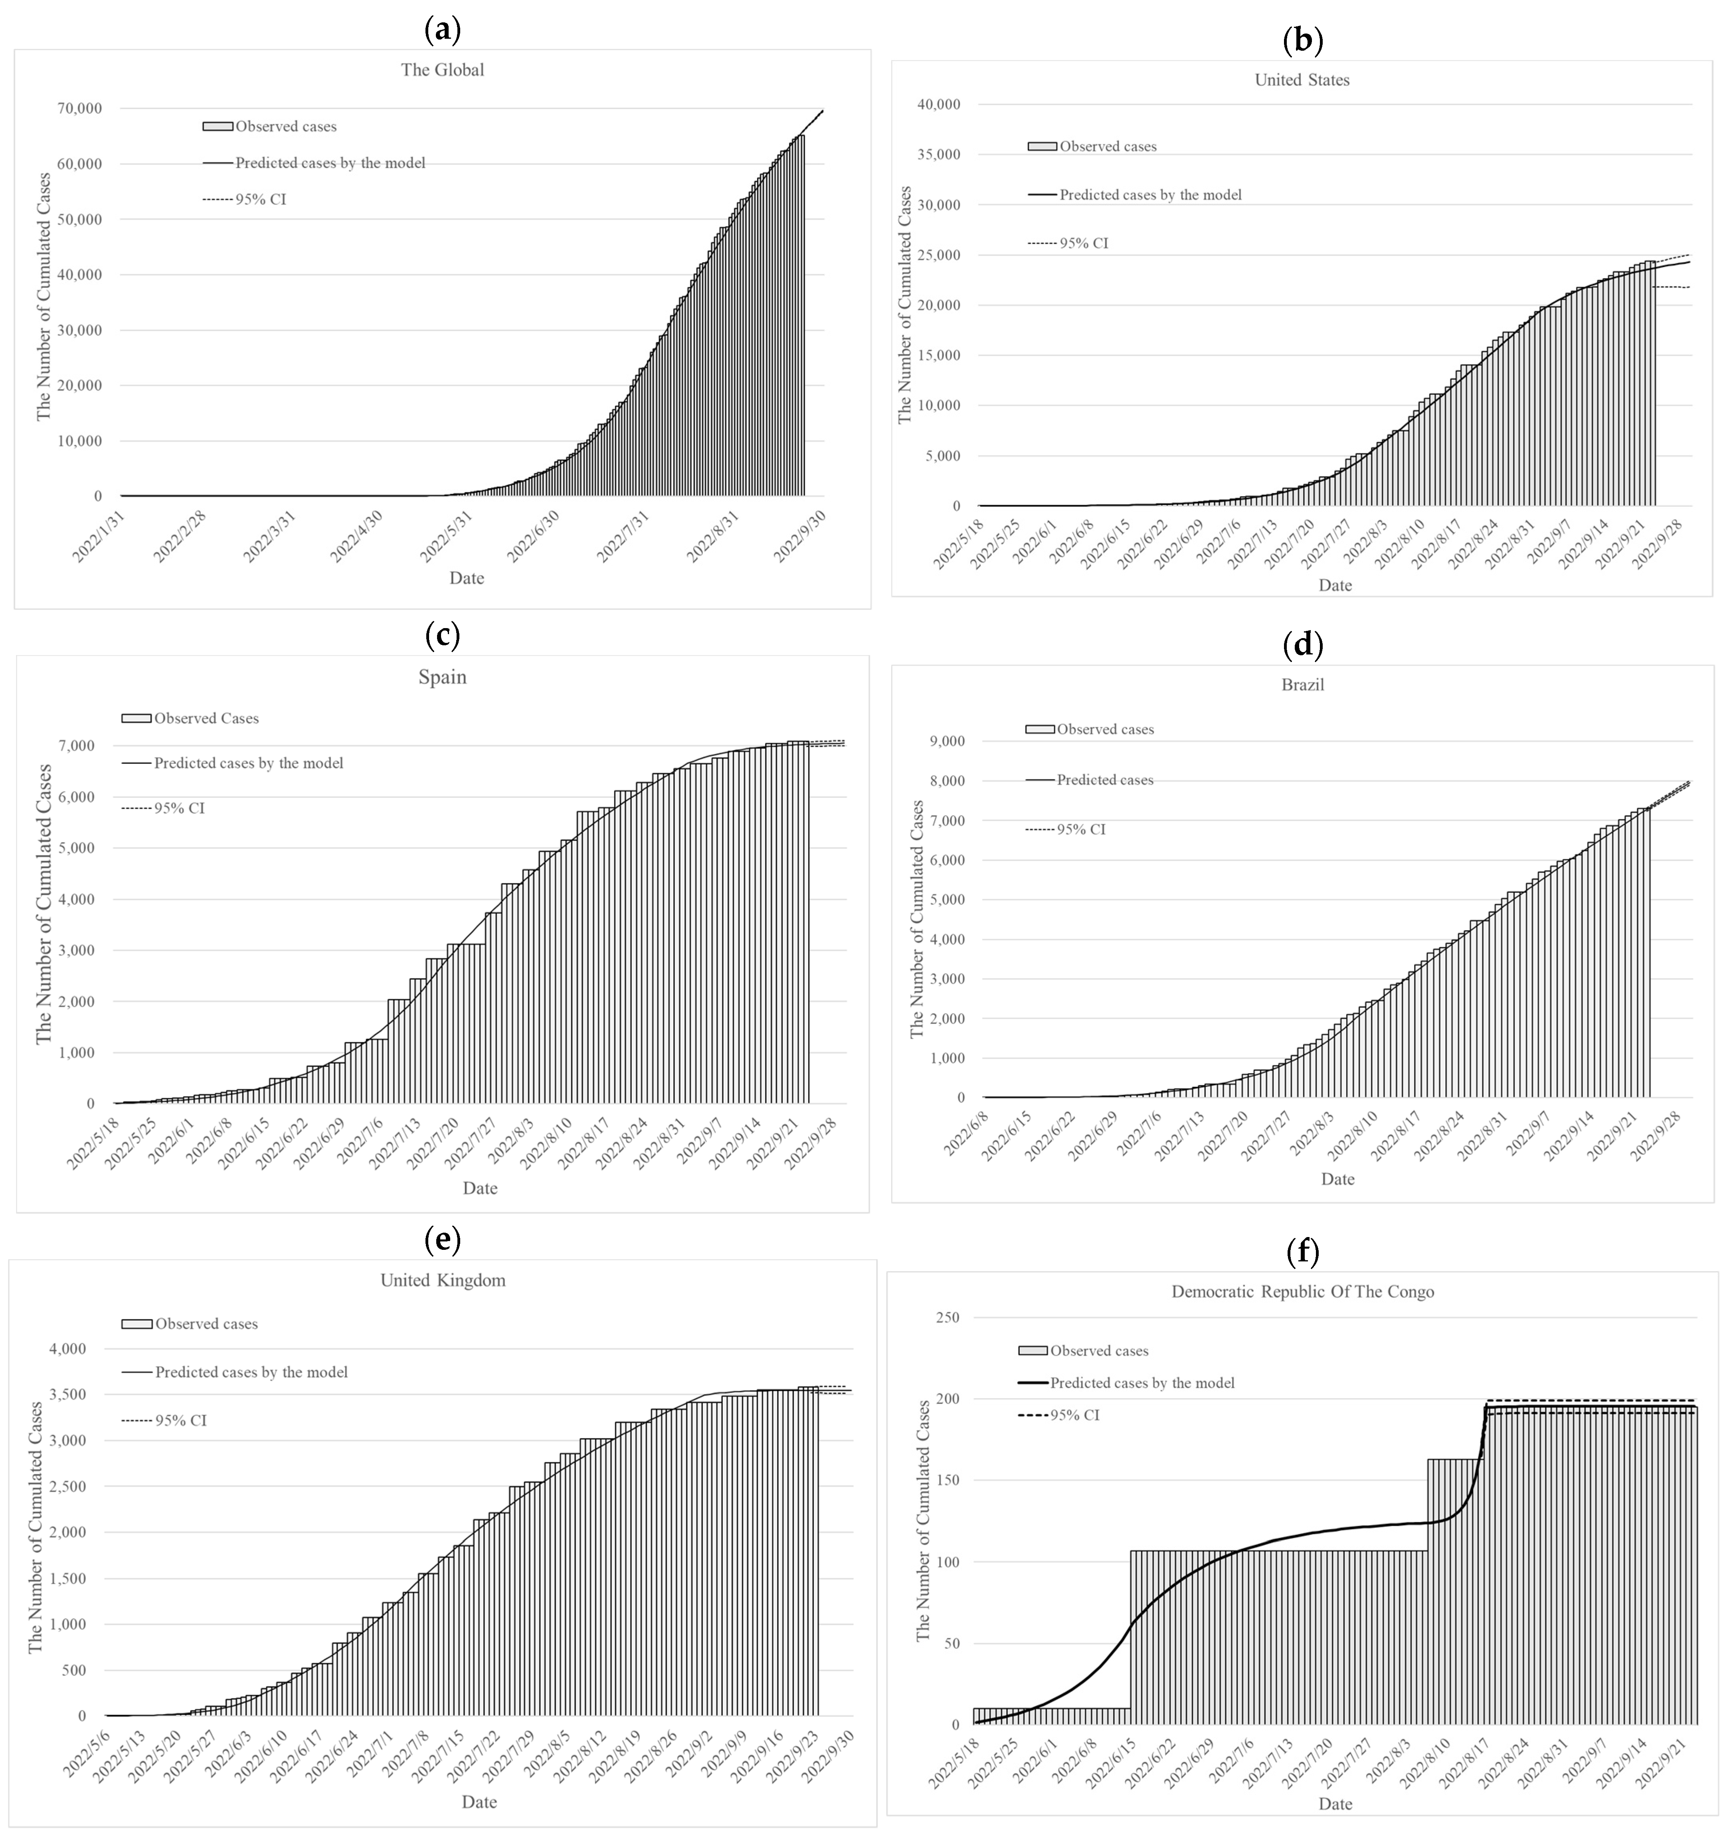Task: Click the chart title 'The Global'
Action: pyautogui.click(x=442, y=69)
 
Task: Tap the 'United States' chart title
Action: pyautogui.click(x=1302, y=79)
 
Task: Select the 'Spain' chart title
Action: pyautogui.click(x=442, y=676)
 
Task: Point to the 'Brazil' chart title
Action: pyautogui.click(x=1303, y=685)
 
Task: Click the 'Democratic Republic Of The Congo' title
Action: pyautogui.click(x=1303, y=1291)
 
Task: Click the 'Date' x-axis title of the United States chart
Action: pyautogui.click(x=1335, y=585)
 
